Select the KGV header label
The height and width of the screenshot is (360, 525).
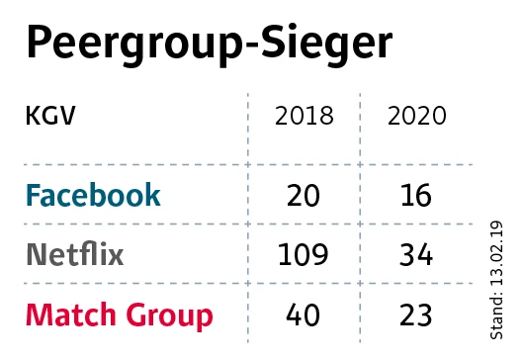point(49,117)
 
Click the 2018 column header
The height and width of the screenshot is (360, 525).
point(304,117)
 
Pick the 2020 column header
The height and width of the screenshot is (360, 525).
point(416,117)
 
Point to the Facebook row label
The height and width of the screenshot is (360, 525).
point(92,195)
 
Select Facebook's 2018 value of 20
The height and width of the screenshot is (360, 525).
point(304,196)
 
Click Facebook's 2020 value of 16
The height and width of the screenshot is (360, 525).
point(416,196)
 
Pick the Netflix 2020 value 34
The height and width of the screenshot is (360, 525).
point(416,255)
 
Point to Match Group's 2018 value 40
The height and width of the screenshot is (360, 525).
point(304,315)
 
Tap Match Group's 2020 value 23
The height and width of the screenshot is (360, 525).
point(416,315)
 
